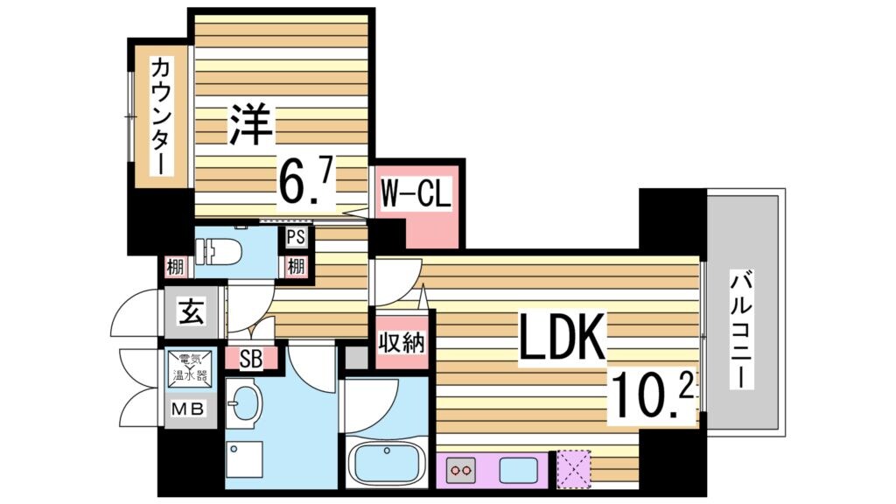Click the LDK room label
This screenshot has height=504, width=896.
[561, 338]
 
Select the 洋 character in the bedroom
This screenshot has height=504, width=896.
[250, 124]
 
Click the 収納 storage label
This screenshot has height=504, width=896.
[401, 340]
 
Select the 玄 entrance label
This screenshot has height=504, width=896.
[192, 311]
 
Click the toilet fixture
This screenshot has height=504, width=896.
[226, 250]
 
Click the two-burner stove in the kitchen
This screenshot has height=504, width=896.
[460, 471]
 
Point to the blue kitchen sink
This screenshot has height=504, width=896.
[517, 471]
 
